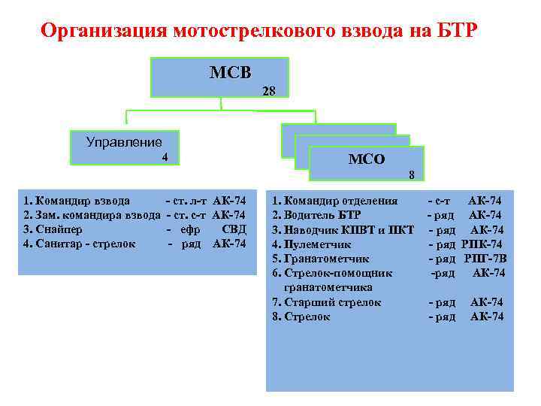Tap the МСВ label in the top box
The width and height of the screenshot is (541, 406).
coord(231,72)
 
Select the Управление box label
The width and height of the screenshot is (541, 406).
coord(124,141)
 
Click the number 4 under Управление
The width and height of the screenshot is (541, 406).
coord(165,157)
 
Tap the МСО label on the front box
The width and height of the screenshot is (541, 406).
coord(367,159)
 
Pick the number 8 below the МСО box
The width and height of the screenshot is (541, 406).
coord(412,175)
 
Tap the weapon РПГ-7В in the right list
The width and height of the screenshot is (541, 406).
coord(485,259)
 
